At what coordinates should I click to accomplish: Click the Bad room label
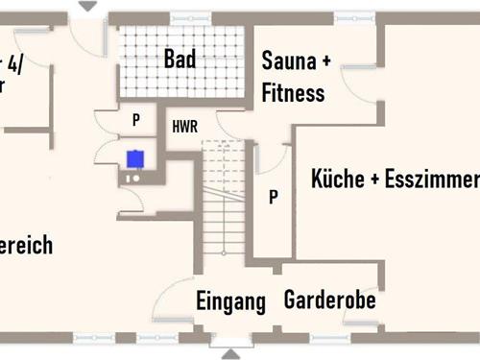click(180, 60)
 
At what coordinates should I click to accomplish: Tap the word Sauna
click(288, 61)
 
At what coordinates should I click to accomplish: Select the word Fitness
click(293, 93)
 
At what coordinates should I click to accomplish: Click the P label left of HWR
click(136, 121)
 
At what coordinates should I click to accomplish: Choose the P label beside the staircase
click(274, 197)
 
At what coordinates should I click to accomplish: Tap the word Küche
click(336, 180)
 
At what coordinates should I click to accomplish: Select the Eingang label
click(230, 301)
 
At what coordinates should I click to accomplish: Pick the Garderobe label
click(329, 300)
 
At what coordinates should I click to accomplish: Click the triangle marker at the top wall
click(87, 7)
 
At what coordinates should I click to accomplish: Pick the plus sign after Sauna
click(324, 61)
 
